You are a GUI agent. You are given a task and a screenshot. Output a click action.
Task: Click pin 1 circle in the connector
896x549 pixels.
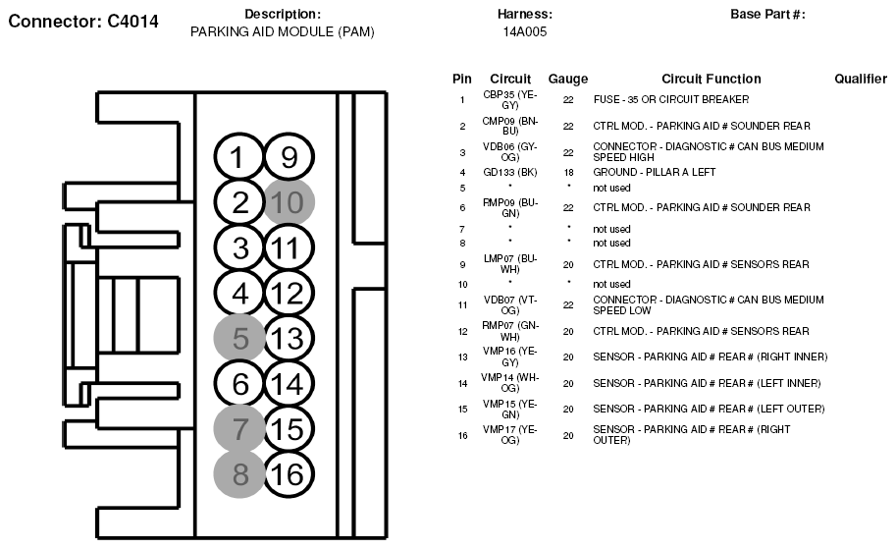[x=239, y=158]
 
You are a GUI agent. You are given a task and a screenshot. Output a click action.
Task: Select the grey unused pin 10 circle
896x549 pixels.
[x=290, y=202]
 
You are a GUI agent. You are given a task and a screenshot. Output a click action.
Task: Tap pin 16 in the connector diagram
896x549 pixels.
[x=290, y=473]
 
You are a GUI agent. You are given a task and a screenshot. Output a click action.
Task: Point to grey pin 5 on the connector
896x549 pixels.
[x=239, y=338]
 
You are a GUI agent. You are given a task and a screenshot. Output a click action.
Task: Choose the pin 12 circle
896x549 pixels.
[x=290, y=293]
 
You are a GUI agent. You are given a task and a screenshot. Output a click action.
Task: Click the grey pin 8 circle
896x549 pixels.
[x=239, y=473]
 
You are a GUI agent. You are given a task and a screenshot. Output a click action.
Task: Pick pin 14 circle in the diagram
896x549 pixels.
[x=290, y=383]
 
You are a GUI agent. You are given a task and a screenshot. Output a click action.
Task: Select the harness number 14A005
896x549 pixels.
[x=525, y=31]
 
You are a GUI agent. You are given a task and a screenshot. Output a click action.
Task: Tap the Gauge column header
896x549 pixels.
[x=568, y=79]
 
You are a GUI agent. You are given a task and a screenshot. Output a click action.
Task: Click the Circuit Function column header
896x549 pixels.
[x=711, y=79]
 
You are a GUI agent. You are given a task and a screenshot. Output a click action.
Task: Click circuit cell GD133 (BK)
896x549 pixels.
[x=510, y=172]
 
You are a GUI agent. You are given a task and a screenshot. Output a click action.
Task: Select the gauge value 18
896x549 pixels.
[x=568, y=172]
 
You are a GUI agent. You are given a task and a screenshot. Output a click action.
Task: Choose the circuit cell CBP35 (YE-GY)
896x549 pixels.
[x=510, y=99]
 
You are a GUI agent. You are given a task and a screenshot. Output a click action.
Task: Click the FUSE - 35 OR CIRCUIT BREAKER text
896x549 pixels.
[x=671, y=99]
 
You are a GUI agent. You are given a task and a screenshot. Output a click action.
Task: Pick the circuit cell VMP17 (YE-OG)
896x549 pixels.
[x=510, y=434]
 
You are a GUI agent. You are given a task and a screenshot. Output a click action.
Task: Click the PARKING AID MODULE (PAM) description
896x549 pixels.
[x=282, y=31]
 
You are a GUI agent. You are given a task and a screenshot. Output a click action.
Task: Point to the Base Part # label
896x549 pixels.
[x=767, y=14]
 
